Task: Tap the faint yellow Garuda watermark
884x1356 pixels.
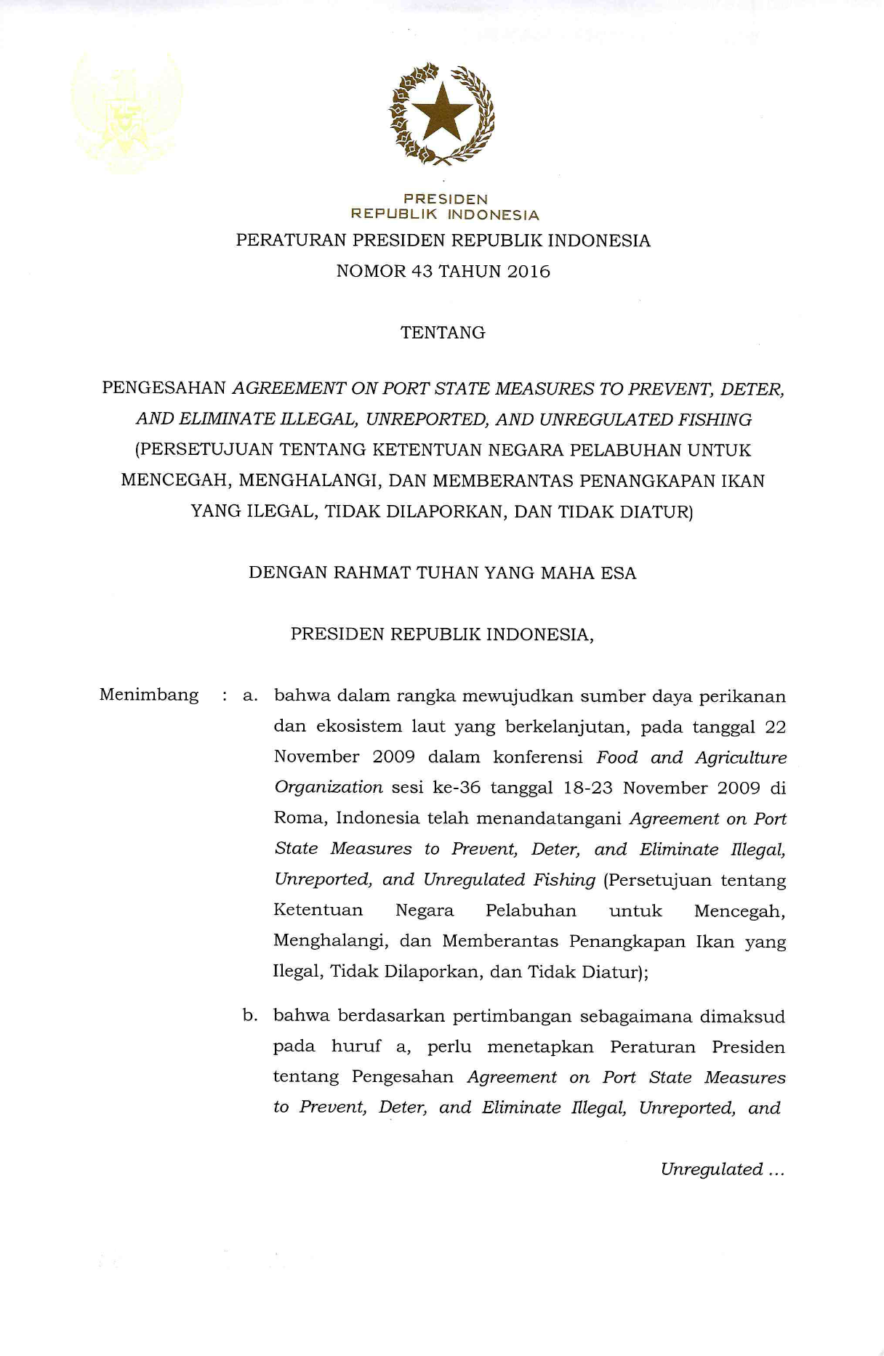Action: click(x=126, y=113)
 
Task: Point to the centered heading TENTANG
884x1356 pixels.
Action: click(x=443, y=333)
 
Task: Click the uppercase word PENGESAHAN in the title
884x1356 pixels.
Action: click(x=164, y=388)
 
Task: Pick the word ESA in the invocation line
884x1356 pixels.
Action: click(x=619, y=573)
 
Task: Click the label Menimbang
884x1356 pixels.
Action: click(x=149, y=695)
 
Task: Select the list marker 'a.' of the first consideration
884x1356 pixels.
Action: click(x=250, y=696)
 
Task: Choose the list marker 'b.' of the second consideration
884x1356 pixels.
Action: click(x=250, y=1016)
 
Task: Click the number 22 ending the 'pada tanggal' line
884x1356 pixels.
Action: click(x=775, y=727)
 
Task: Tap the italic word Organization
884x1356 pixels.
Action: click(x=328, y=788)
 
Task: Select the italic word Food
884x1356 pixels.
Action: click(x=616, y=758)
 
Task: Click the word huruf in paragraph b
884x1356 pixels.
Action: click(x=356, y=1047)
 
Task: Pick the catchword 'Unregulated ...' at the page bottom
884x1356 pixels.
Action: click(x=722, y=1170)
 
